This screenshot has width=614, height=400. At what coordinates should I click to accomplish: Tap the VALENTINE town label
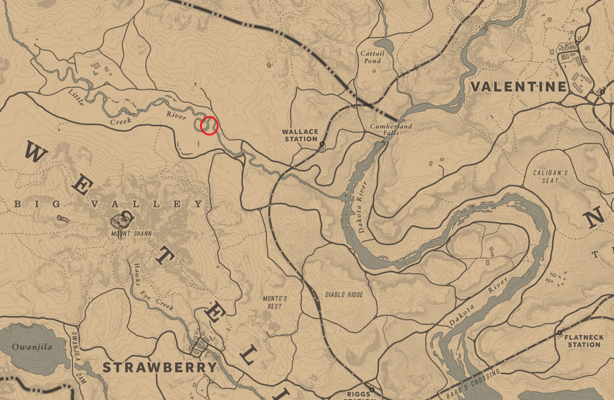519,87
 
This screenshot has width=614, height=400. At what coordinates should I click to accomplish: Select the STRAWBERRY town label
160,367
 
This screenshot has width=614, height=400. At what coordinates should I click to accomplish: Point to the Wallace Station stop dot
322,144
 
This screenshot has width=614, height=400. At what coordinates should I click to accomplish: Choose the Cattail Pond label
373,57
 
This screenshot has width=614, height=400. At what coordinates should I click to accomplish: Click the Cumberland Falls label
386,129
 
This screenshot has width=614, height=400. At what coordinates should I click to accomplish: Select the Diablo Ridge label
344,294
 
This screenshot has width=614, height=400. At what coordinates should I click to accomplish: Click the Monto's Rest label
275,302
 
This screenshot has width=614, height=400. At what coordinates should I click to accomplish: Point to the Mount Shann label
131,234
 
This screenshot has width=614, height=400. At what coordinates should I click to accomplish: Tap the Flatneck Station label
584,341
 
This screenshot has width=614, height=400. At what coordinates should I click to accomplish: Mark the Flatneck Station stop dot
559,332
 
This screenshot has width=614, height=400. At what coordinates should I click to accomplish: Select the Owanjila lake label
32,347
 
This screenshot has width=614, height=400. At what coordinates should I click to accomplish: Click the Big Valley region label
109,204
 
